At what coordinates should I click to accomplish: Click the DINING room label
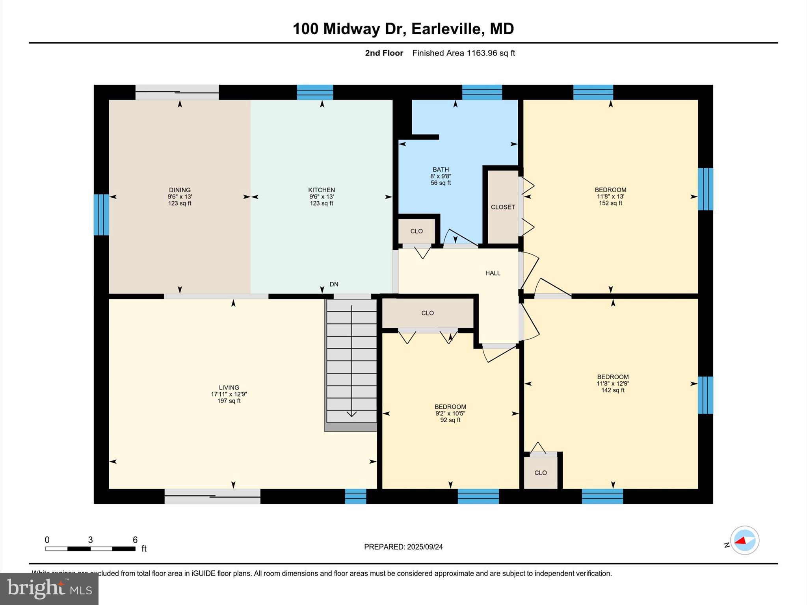180,190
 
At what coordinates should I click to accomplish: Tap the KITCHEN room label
322,190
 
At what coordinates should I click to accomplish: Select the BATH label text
441,170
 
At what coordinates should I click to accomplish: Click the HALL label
493,273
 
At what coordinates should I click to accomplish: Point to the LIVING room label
229,388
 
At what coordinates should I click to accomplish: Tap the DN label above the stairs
334,284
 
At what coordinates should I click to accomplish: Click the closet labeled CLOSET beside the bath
503,207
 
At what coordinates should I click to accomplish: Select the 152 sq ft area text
610,203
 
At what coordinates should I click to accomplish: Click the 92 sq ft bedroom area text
450,420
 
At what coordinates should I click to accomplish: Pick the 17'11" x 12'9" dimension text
229,394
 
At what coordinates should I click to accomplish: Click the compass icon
744,540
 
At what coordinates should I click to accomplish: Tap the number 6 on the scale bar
135,540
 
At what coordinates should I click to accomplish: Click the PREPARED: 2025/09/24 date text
403,547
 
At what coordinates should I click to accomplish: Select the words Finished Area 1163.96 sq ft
463,53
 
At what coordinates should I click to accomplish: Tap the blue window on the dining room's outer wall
101,215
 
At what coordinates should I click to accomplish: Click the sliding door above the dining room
177,92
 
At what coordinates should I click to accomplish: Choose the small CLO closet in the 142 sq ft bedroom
540,473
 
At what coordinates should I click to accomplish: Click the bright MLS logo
49,588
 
